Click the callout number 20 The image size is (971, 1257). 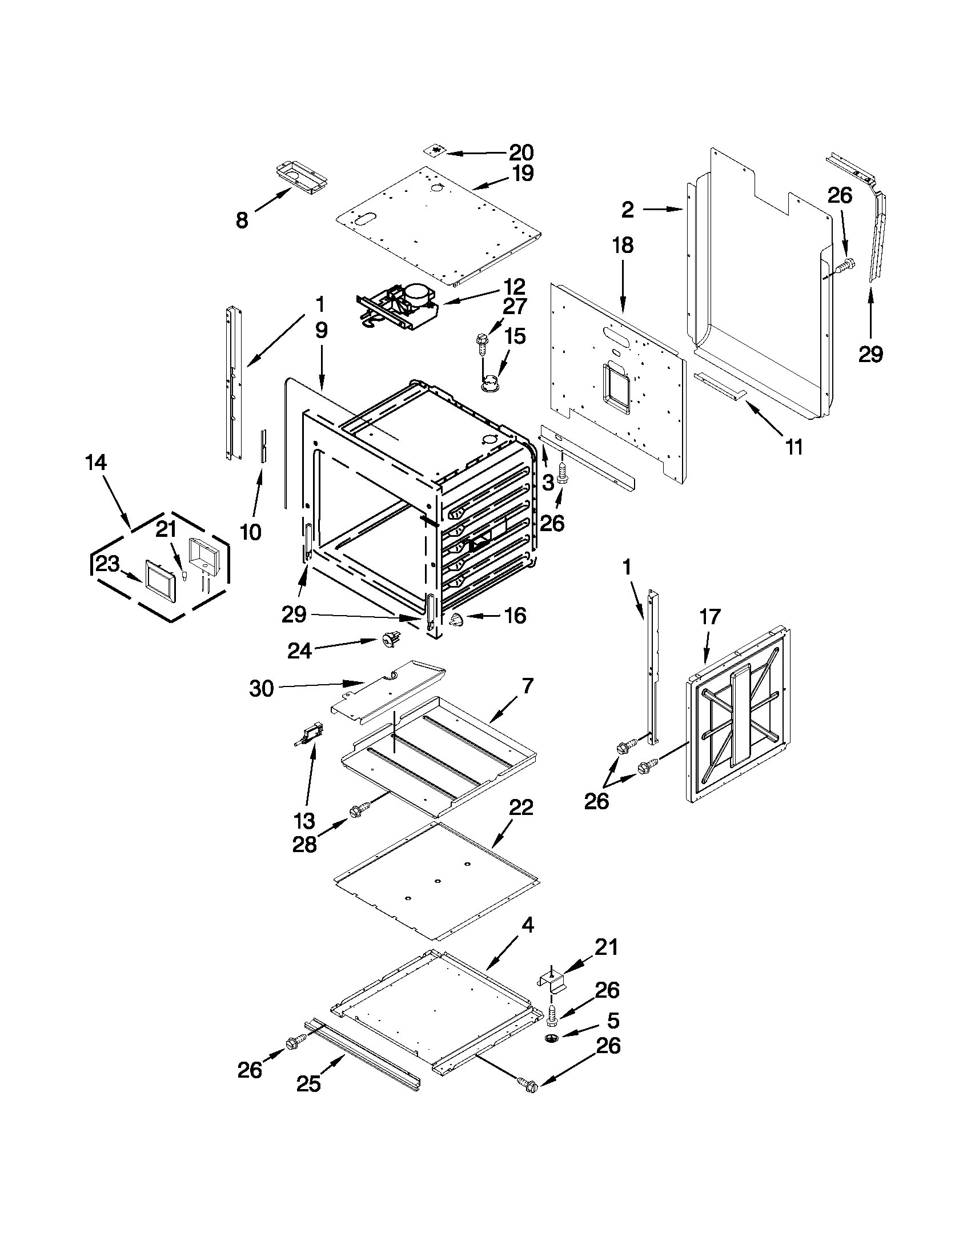coord(521,152)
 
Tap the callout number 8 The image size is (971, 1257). coord(242,220)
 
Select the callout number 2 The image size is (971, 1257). coord(627,210)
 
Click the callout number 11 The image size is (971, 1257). coord(795,447)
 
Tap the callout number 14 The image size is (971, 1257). coord(96,462)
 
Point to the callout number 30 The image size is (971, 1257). coord(261,688)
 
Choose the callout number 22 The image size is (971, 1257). coord(521,808)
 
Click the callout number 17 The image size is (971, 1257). coord(710,616)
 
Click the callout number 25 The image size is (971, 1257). coord(308,1084)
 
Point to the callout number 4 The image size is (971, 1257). coord(527,926)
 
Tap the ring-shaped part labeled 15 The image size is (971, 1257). coord(490,383)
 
